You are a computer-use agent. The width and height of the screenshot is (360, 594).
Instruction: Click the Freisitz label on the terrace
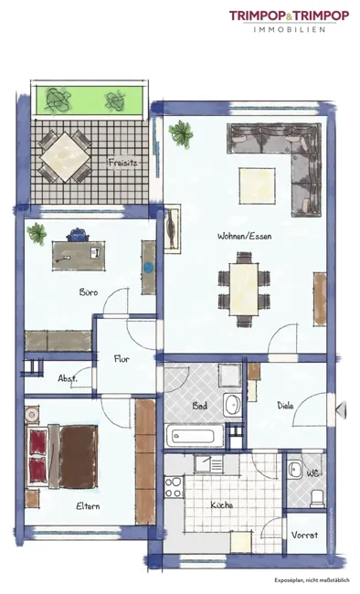122,164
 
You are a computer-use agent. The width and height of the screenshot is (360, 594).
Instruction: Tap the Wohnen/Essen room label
245,236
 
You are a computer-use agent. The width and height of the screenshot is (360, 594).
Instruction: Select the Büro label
89,292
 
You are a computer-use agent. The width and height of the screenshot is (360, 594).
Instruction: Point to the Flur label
122,359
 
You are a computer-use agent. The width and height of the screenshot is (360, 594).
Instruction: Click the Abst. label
68,378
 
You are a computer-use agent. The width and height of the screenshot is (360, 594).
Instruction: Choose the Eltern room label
88,506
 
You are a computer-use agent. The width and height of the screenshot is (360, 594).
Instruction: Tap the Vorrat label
304,535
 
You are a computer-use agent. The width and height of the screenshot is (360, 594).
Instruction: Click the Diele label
285,406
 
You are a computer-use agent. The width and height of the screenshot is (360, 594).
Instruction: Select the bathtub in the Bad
195,436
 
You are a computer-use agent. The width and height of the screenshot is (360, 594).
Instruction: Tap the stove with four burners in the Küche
174,487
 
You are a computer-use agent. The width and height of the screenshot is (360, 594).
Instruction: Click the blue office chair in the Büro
78,235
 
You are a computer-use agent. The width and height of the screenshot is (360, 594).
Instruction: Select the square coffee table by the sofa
257,186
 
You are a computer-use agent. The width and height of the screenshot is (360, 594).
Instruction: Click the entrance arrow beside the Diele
342,409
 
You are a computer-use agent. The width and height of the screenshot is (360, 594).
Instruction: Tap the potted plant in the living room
181,133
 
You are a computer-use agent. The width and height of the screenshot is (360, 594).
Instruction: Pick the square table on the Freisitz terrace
65,157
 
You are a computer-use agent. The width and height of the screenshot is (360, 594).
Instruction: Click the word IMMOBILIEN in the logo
289,29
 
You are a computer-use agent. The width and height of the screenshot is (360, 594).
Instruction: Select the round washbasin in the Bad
232,405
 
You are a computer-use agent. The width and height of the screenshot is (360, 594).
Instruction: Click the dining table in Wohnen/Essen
244,289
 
